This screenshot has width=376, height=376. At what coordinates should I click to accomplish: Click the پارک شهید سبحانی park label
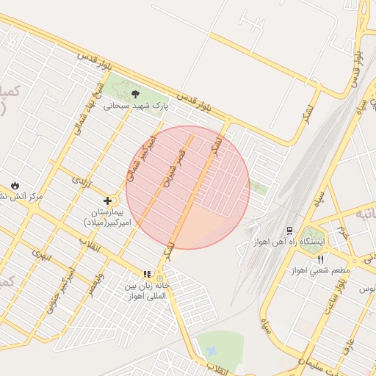(136, 106)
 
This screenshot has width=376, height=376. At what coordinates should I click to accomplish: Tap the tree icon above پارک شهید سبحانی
(136, 93)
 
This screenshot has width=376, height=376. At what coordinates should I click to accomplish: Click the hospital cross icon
(108, 200)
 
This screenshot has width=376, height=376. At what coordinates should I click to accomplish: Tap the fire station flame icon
(15, 184)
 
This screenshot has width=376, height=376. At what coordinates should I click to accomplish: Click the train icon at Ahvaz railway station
(289, 230)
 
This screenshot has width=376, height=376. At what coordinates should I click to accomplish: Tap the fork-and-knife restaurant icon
(320, 259)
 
